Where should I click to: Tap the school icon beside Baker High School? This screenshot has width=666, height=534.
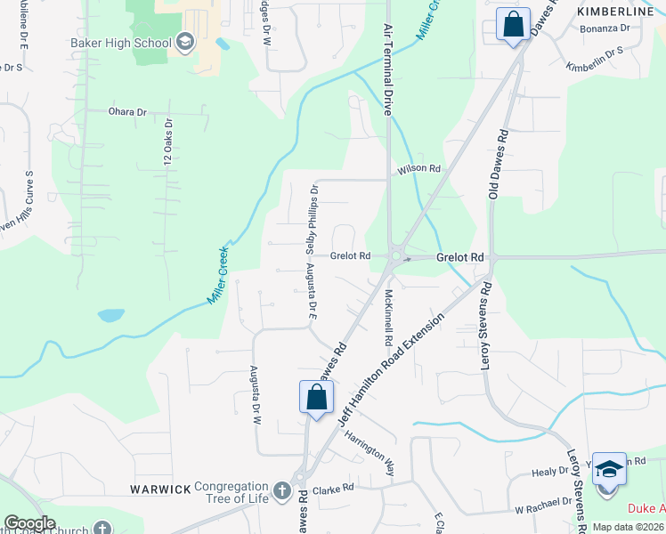click(x=185, y=43)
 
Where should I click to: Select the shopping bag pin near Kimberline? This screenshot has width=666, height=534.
click(x=513, y=25)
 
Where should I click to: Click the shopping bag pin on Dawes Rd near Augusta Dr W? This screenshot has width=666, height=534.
click(x=316, y=397)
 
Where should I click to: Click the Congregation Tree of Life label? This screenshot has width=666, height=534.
click(x=231, y=492)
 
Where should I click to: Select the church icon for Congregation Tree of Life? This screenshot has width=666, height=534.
click(x=281, y=490)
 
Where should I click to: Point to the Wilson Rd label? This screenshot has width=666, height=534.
click(x=419, y=168)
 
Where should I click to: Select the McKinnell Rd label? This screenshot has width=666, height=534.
click(x=389, y=317)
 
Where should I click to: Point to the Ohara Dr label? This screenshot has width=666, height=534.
click(x=126, y=112)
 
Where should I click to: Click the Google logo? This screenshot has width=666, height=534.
click(x=29, y=523)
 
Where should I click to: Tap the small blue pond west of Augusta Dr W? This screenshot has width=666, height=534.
click(x=111, y=315)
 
